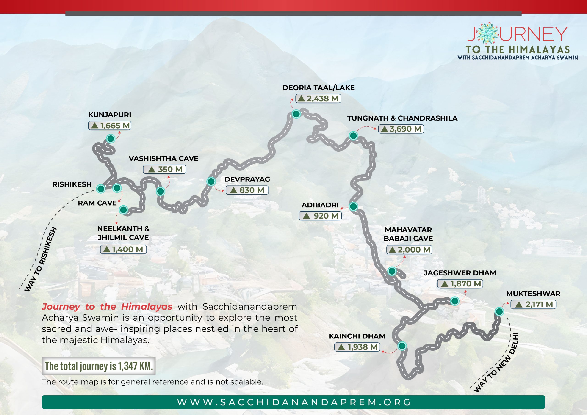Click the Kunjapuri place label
109,115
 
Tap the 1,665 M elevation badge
110,126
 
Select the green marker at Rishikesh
101,189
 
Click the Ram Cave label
97,203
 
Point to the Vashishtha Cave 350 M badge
164,169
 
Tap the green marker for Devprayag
211,181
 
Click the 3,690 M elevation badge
401,129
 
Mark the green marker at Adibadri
353,206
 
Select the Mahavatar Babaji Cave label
408,234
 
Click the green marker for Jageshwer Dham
454,301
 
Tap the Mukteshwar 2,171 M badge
533,304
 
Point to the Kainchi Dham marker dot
402,346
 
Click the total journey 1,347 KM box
99,366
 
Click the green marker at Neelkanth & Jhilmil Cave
123,210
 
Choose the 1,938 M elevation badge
357,347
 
